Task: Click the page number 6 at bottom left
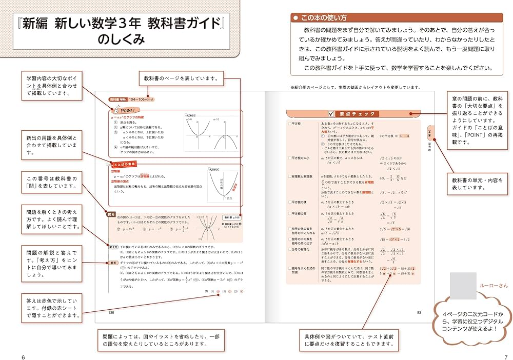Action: pos(23,356)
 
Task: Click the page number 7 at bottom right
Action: pos(491,356)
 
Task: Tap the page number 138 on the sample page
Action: pos(111,312)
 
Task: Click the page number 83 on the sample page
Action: pos(419,312)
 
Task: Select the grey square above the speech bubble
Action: pos(462,285)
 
